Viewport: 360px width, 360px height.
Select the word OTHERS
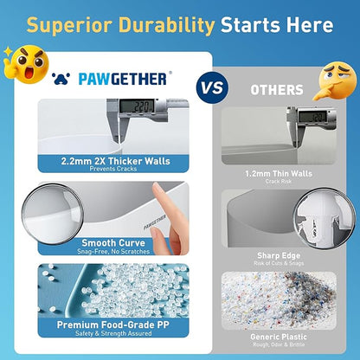[x=278, y=89]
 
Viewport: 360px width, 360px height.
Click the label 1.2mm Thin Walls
[x=278, y=172]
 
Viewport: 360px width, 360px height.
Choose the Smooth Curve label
[x=108, y=243]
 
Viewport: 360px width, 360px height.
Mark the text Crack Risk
[x=278, y=182]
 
